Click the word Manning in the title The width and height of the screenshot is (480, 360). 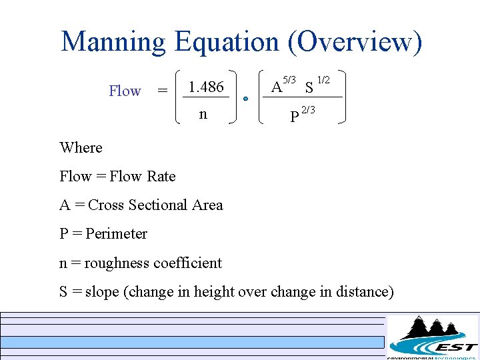[x=113, y=41]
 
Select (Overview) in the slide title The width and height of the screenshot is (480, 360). [x=355, y=41]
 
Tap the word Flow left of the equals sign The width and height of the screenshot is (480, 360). [x=125, y=91]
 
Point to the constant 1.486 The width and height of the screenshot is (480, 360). [x=206, y=87]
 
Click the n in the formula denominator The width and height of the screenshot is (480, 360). [x=203, y=114]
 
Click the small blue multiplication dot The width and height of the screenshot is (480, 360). [x=245, y=99]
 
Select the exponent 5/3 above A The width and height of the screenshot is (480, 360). [x=289, y=80]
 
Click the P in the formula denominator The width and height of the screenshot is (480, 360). [x=294, y=117]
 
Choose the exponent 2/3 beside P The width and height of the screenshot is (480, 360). [x=308, y=110]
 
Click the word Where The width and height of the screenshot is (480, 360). [x=81, y=147]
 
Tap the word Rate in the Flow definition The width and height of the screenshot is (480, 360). [x=161, y=177]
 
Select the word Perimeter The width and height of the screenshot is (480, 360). [x=116, y=234]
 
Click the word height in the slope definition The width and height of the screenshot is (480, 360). [x=211, y=292]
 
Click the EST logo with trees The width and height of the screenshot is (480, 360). [x=433, y=336]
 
